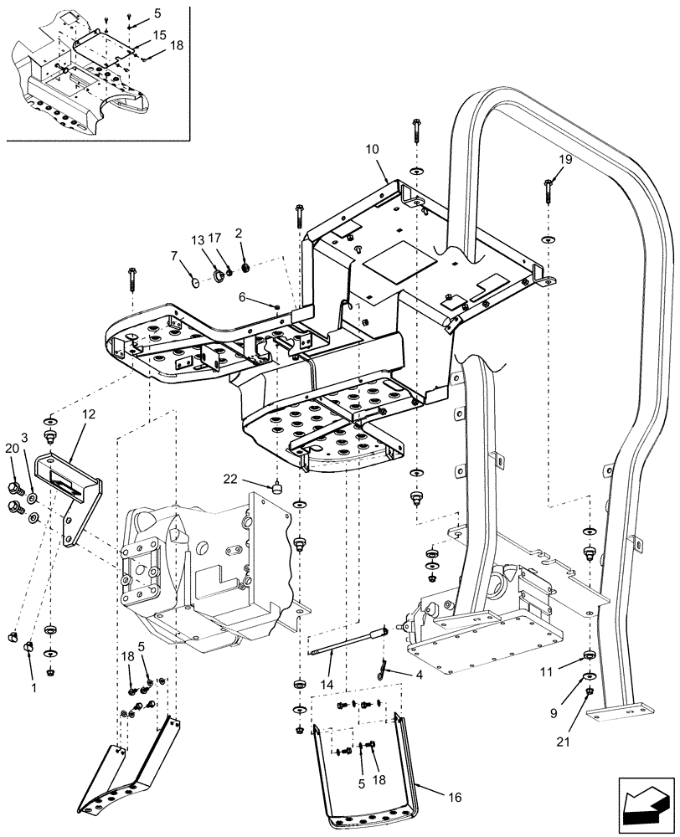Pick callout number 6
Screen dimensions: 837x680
click(243, 296)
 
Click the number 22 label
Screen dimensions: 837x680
click(232, 478)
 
